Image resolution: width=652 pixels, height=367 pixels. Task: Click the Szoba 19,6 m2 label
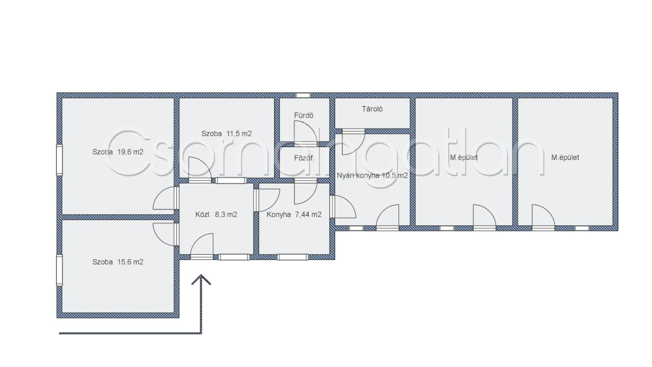pyautogui.click(x=118, y=152)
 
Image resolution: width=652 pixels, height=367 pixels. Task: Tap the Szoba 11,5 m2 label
pyautogui.click(x=227, y=134)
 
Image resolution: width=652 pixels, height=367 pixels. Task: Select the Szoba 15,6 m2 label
pyautogui.click(x=118, y=262)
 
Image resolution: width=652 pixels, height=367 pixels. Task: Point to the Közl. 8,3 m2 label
pyautogui.click(x=216, y=215)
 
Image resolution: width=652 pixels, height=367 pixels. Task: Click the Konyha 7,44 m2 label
pyautogui.click(x=294, y=215)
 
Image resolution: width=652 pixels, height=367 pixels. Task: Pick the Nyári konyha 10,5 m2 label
pyautogui.click(x=372, y=176)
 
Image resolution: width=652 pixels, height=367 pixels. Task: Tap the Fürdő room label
pyautogui.click(x=304, y=115)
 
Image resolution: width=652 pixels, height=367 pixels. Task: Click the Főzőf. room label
pyautogui.click(x=304, y=158)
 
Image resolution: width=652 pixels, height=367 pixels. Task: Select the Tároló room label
pyautogui.click(x=372, y=109)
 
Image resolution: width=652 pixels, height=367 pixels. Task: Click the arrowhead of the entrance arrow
pyautogui.click(x=201, y=279)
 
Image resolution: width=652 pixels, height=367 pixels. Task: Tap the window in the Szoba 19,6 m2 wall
pyautogui.click(x=60, y=160)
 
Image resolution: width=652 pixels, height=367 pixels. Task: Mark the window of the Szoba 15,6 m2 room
pyautogui.click(x=60, y=270)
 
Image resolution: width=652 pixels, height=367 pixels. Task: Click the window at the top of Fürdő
pyautogui.click(x=303, y=95)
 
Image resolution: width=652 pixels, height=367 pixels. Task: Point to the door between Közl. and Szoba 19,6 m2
pyautogui.click(x=166, y=198)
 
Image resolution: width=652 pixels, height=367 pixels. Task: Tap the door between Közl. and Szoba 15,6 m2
pyautogui.click(x=166, y=234)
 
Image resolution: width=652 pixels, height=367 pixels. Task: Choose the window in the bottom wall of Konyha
pyautogui.click(x=292, y=257)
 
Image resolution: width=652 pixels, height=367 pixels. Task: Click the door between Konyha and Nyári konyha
pyautogui.click(x=343, y=207)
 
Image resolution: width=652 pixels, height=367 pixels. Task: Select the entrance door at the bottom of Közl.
pyautogui.click(x=202, y=246)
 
